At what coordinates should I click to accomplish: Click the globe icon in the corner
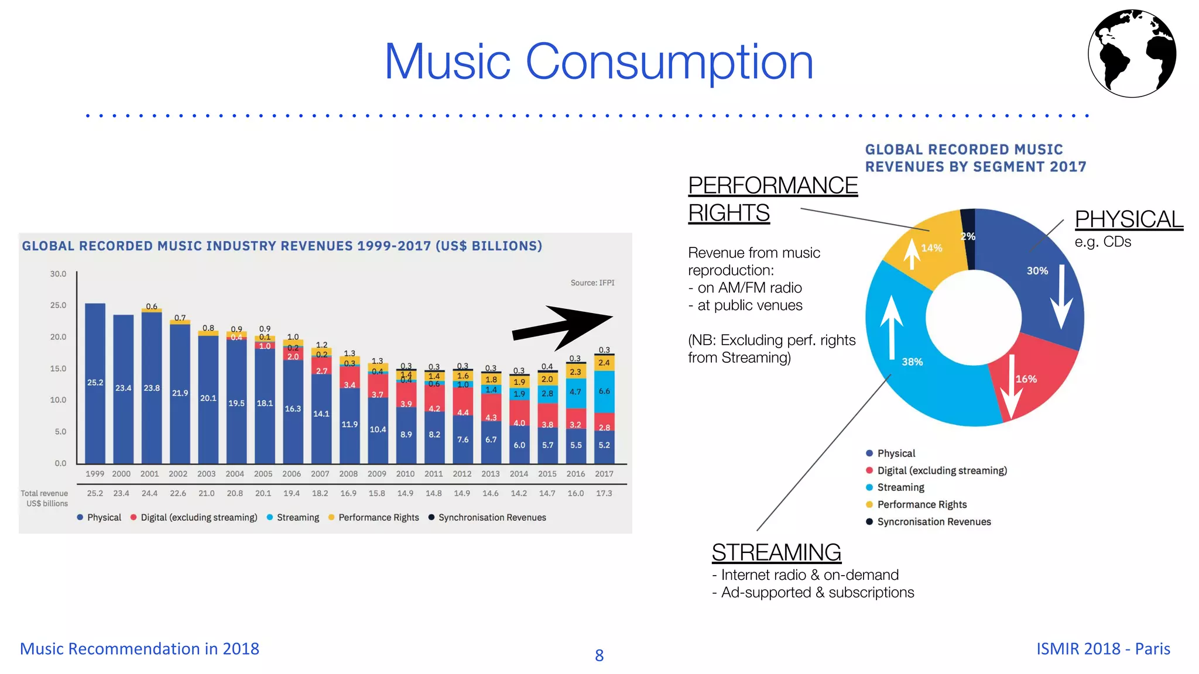[x=1132, y=53]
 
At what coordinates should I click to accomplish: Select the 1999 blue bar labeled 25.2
[x=95, y=383]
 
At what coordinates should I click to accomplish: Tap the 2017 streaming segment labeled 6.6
[x=604, y=391]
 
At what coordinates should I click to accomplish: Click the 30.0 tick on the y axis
[x=58, y=274]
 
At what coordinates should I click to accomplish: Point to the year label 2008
[x=348, y=474]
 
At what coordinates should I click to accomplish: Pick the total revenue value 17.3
[x=604, y=493]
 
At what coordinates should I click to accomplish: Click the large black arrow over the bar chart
[x=562, y=326]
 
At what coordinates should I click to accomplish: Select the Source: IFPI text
[x=592, y=283]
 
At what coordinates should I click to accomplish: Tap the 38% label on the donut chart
[x=912, y=362]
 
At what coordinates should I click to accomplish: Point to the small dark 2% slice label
[x=968, y=236]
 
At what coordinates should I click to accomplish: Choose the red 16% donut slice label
[x=1026, y=379]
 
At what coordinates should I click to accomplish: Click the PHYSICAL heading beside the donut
[x=1129, y=219]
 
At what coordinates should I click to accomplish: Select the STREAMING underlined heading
[x=776, y=552]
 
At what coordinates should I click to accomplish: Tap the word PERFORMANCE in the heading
[x=773, y=185]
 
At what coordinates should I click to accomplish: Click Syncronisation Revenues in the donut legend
[x=934, y=521]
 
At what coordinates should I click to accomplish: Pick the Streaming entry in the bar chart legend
[x=297, y=517]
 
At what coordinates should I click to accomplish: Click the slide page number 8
[x=599, y=655]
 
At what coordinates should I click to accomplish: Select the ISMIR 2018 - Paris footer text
[x=1103, y=648]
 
